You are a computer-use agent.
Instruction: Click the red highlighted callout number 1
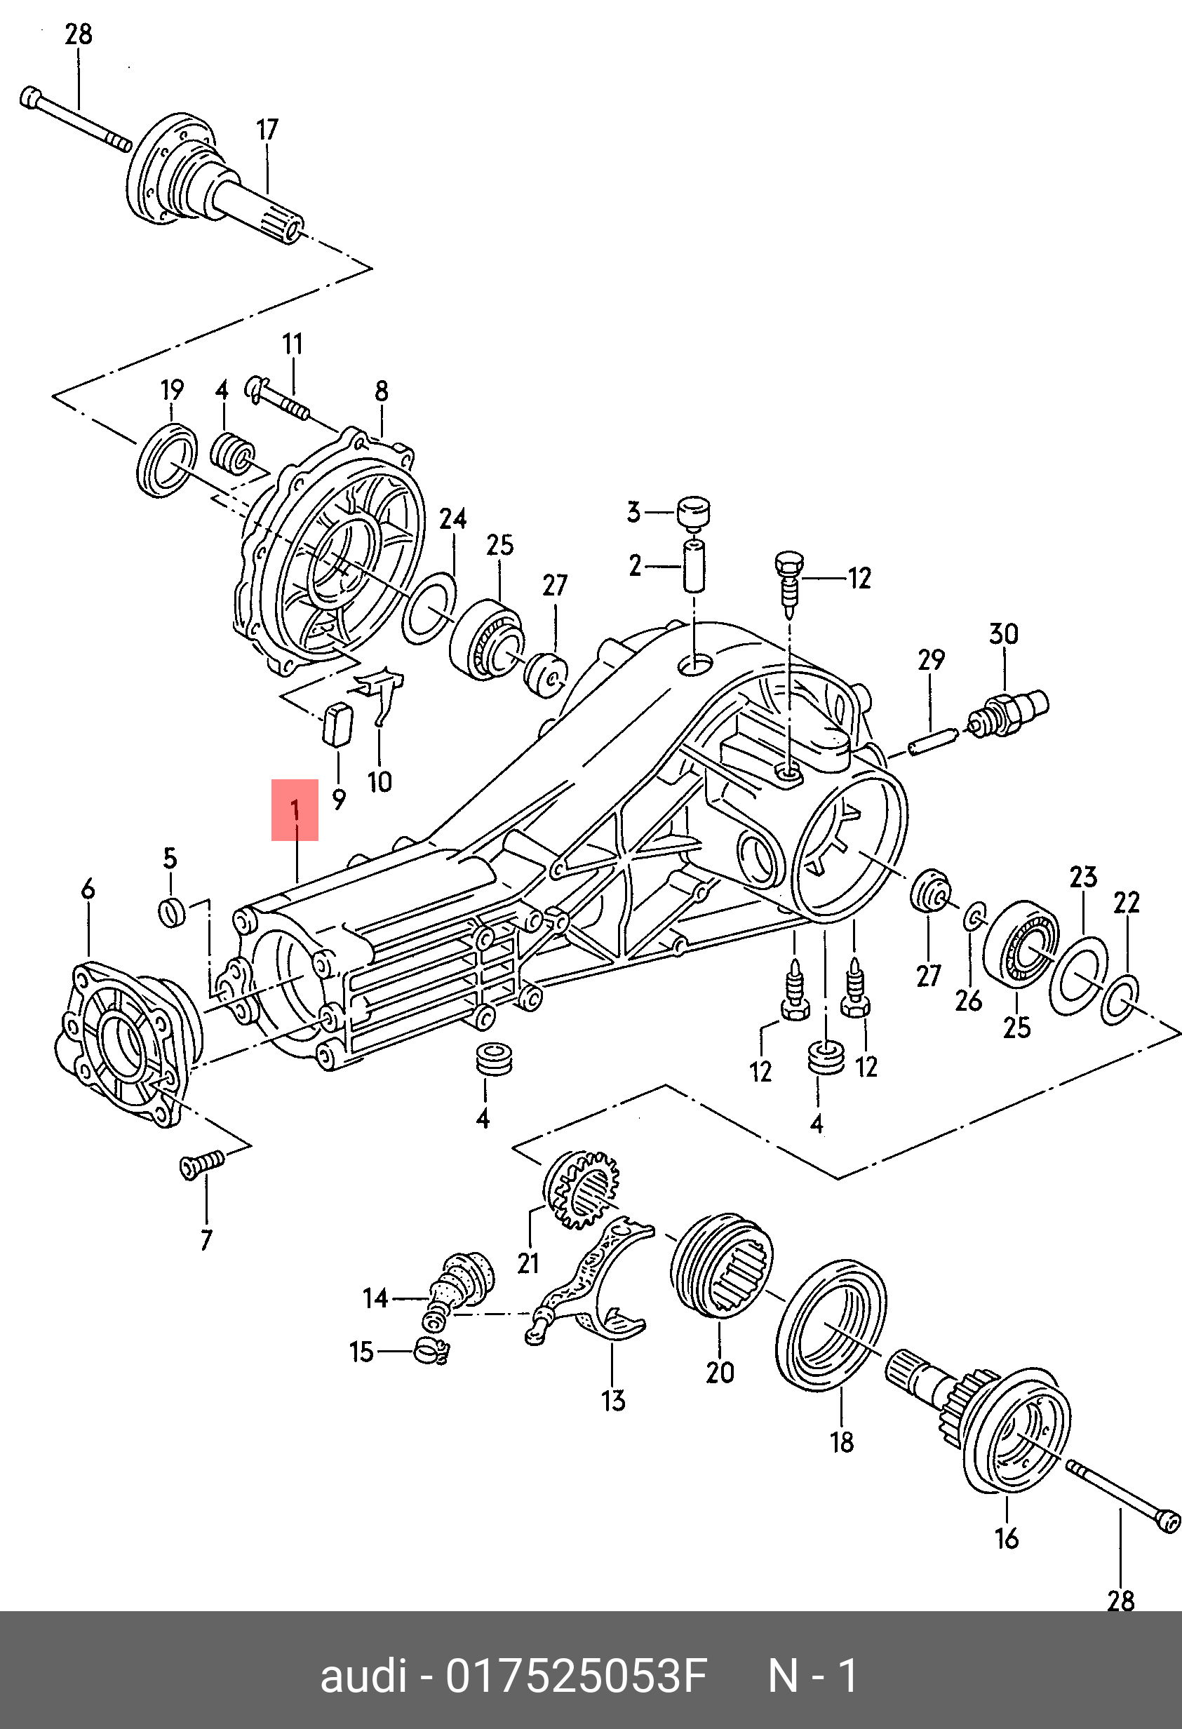click(295, 809)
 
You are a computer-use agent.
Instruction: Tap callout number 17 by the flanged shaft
click(267, 130)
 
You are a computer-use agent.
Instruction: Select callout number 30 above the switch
click(1002, 634)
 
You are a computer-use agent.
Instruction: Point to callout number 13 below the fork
click(613, 1401)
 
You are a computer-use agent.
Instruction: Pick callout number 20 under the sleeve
click(719, 1372)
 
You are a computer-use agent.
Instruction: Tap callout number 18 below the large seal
click(842, 1443)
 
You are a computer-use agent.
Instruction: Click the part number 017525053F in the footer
click(575, 1677)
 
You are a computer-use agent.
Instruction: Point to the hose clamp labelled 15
click(432, 1349)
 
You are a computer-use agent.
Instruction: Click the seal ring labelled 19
click(168, 461)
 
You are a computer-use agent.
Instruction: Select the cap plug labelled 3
click(692, 511)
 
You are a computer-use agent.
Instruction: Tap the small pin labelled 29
click(928, 744)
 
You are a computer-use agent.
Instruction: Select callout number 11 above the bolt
click(293, 344)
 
